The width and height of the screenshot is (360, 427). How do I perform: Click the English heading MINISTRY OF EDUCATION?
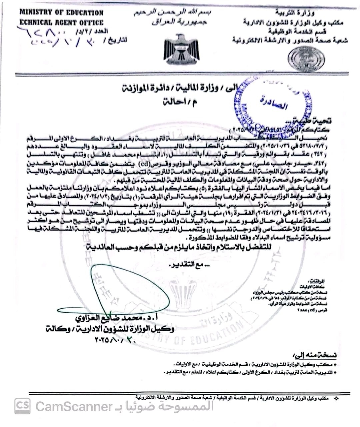click(x=61, y=13)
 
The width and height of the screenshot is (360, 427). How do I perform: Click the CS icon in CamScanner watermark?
click(x=22, y=406)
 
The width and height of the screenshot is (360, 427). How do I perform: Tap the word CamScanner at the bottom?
click(x=74, y=406)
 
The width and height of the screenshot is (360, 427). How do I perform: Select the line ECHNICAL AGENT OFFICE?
click(x=61, y=23)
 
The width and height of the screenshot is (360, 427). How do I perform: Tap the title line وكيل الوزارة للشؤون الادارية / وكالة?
click(x=110, y=329)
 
